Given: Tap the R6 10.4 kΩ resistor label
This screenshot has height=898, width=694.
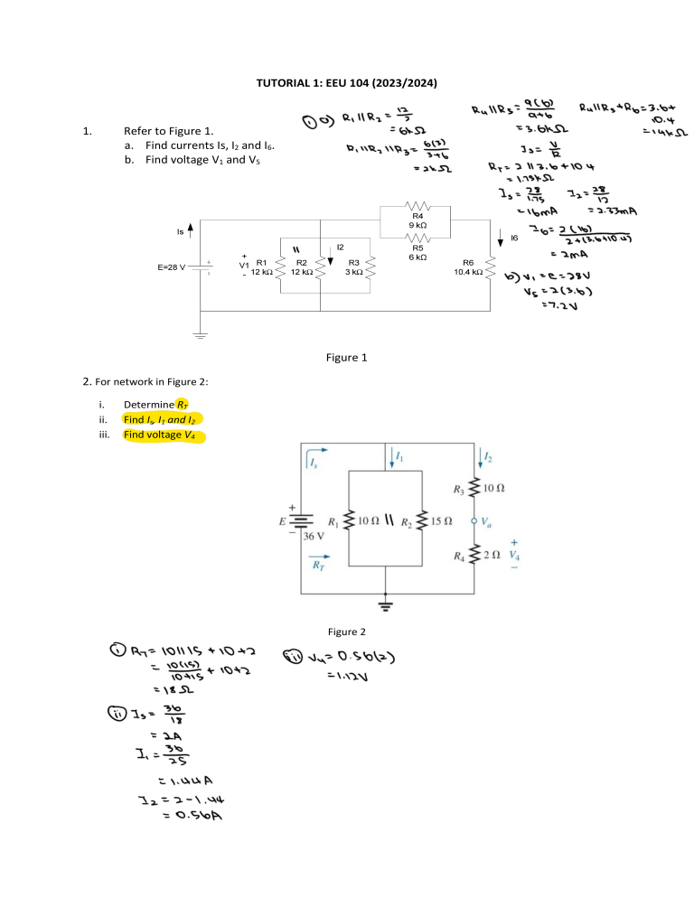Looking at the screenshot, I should pyautogui.click(x=468, y=267).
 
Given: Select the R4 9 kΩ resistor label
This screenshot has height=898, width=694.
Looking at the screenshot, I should pyautogui.click(x=417, y=220).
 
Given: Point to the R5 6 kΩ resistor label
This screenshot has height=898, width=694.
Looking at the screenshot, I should pyautogui.click(x=417, y=252).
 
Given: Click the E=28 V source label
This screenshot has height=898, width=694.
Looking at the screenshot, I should pyautogui.click(x=172, y=267).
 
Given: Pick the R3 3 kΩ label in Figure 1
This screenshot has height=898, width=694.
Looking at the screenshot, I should pyautogui.click(x=353, y=267).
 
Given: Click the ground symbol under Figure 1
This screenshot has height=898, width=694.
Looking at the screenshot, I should pyautogui.click(x=200, y=335).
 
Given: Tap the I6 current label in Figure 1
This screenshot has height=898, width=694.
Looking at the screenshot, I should pyautogui.click(x=514, y=238).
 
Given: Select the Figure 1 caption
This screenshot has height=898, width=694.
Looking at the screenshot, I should pyautogui.click(x=346, y=358).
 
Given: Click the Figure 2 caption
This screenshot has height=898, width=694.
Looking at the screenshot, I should pyautogui.click(x=348, y=631).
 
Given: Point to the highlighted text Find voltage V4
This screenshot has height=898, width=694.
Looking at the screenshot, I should pyautogui.click(x=164, y=435).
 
